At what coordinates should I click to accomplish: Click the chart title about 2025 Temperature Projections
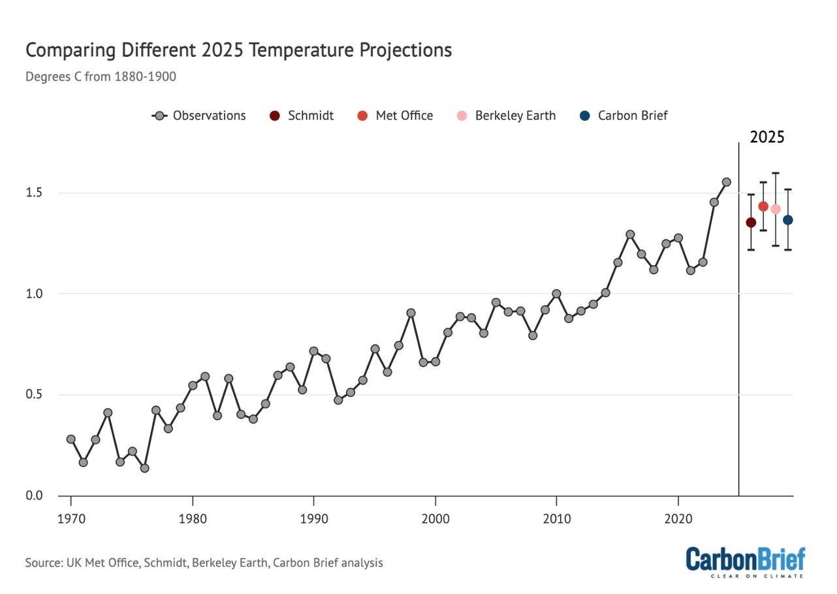click(238, 50)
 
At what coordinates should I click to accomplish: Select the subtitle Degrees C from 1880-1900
click(101, 76)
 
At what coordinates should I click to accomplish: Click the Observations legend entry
click(199, 116)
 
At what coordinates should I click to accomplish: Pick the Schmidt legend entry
click(302, 116)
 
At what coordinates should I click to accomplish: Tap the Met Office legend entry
click(395, 116)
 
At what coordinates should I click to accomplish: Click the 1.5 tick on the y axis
click(33, 193)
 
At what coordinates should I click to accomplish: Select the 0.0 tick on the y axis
click(33, 496)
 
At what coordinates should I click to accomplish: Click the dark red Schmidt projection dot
click(751, 223)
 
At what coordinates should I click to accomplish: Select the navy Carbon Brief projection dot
click(788, 220)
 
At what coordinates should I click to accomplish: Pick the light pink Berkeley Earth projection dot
click(776, 210)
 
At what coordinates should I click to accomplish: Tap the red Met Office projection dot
click(763, 206)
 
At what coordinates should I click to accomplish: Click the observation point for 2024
click(726, 182)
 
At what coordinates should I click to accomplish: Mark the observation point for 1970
click(71, 439)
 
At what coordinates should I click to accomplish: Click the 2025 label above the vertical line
click(766, 138)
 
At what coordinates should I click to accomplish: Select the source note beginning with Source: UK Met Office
click(204, 562)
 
